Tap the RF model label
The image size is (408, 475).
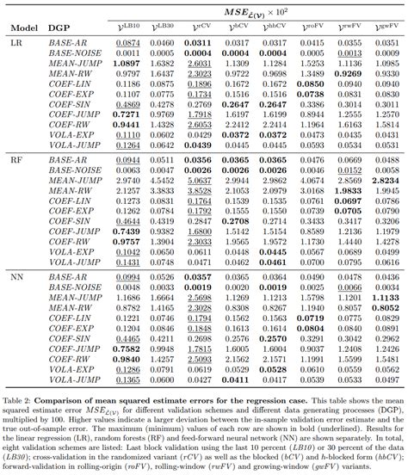point(15,160)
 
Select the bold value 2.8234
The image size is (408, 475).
point(383,182)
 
